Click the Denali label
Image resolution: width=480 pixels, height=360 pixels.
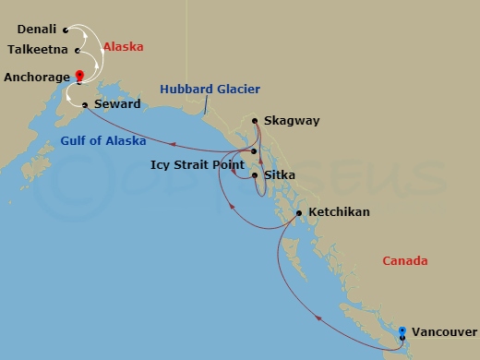click(x=37, y=30)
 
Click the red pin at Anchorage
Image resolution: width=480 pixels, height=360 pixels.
click(x=80, y=76)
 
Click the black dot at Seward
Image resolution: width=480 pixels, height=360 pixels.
click(x=84, y=105)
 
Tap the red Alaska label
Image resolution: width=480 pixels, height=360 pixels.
click(x=123, y=45)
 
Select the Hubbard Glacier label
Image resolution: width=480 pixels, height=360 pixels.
click(x=210, y=90)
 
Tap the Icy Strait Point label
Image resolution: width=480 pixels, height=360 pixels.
click(x=192, y=165)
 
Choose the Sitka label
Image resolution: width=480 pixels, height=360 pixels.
click(x=280, y=173)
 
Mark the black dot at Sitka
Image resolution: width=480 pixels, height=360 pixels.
click(x=254, y=173)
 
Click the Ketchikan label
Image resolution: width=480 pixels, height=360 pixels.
click(x=339, y=212)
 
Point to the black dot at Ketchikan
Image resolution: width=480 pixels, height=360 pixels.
click(x=298, y=213)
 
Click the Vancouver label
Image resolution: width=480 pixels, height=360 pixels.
click(x=444, y=331)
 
